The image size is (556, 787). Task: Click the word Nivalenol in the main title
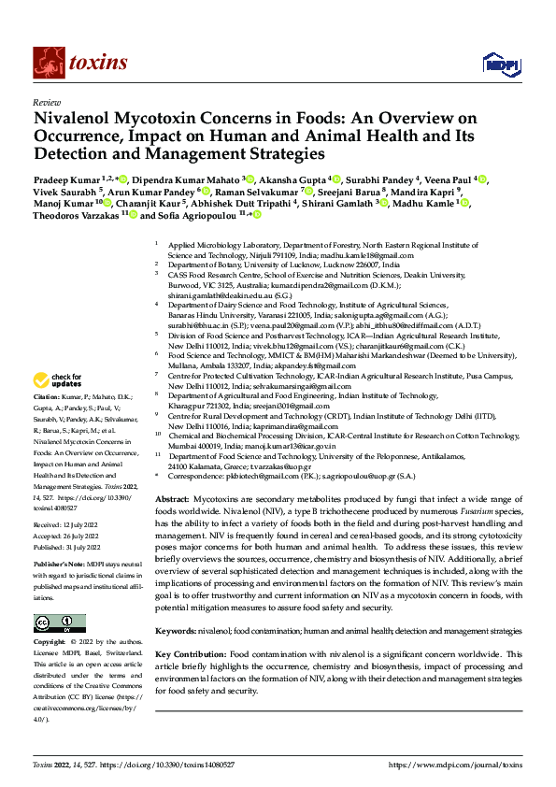(x=73, y=119)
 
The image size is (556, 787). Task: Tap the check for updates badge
(x=58, y=379)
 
